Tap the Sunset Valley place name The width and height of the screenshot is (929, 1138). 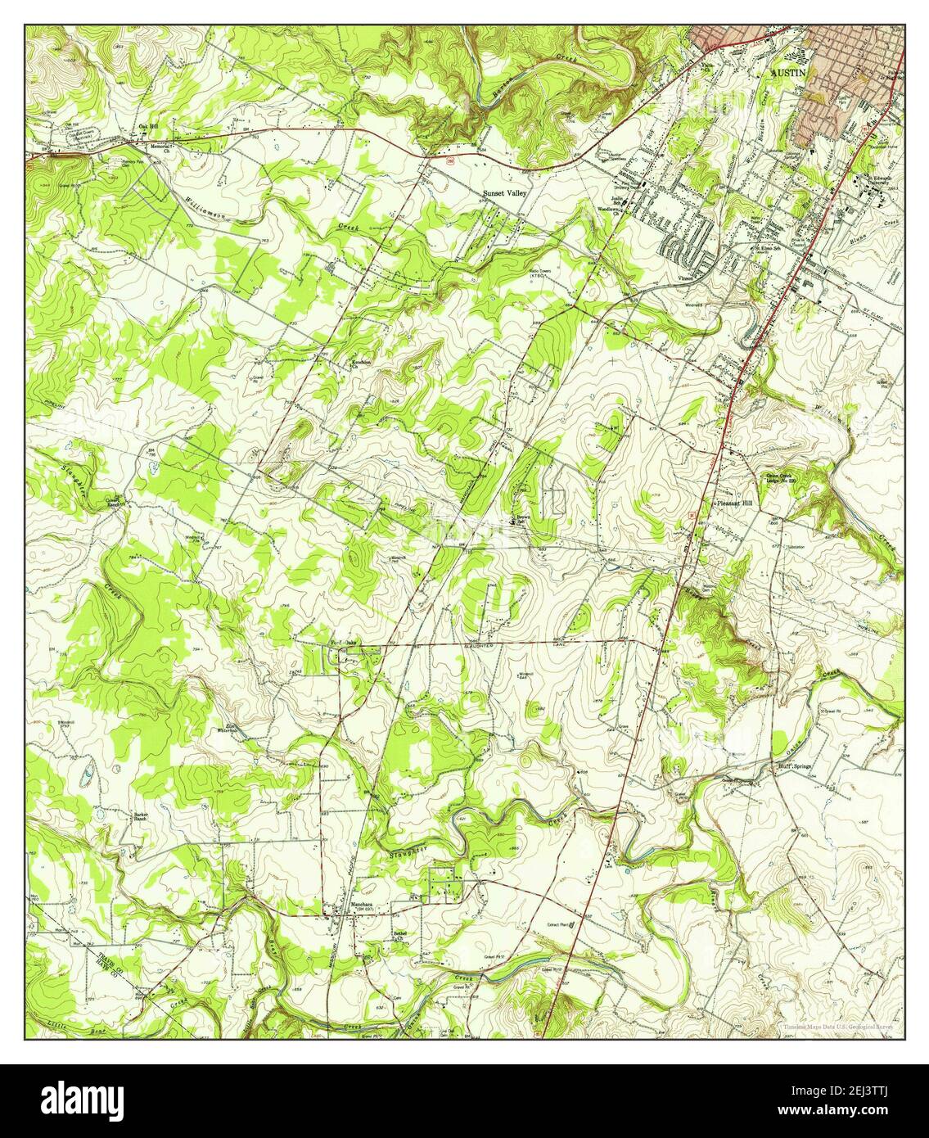pos(505,194)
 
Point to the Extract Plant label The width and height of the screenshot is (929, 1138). pos(558,926)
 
